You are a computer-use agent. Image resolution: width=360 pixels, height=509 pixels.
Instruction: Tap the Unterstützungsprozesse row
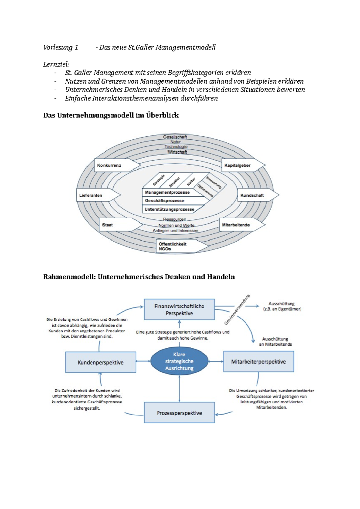tap(169, 209)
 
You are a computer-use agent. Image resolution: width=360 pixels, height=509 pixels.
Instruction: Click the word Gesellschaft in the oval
tap(175, 137)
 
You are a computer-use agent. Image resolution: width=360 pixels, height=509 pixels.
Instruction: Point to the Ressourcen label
tap(175, 219)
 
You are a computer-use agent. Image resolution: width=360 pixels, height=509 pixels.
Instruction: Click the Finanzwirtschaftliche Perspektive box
tap(179, 309)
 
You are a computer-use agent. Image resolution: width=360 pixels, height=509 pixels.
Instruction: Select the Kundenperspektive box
tap(100, 362)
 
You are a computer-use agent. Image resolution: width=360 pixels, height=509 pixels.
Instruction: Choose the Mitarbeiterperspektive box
tap(258, 362)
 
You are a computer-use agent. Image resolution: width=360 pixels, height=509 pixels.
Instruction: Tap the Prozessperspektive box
tap(179, 413)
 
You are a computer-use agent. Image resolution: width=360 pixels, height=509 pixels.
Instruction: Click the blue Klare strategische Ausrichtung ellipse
tap(179, 361)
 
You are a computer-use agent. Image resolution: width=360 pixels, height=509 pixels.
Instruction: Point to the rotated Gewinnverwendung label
tap(237, 310)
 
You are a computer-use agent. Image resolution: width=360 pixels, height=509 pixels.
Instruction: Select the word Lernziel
tap(56, 64)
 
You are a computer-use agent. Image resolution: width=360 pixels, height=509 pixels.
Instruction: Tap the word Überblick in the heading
tap(162, 115)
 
